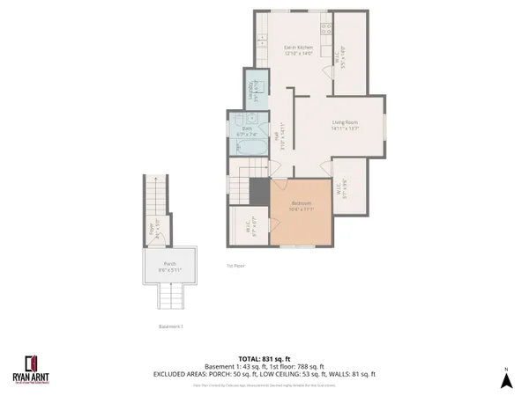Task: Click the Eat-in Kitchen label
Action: click(x=299, y=50)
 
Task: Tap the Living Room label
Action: click(x=345, y=125)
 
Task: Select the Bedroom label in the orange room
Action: click(x=302, y=206)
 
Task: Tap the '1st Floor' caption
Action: click(x=235, y=265)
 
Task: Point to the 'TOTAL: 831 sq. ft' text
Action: click(x=264, y=358)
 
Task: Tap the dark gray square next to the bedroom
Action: click(x=259, y=190)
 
